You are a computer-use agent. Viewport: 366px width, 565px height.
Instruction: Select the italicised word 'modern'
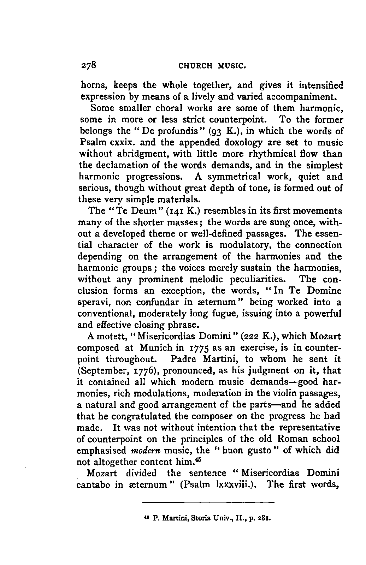(144, 451)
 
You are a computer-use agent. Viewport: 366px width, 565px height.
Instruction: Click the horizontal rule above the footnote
(208, 501)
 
